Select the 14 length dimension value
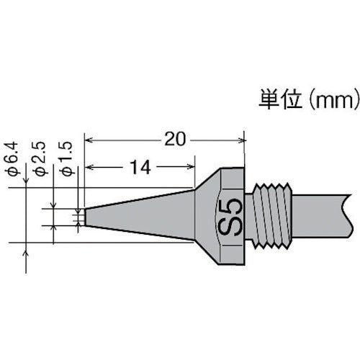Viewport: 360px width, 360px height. click(x=141, y=168)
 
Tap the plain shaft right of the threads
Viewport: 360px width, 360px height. click(x=328, y=215)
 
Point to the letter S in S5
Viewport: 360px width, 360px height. click(x=233, y=225)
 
